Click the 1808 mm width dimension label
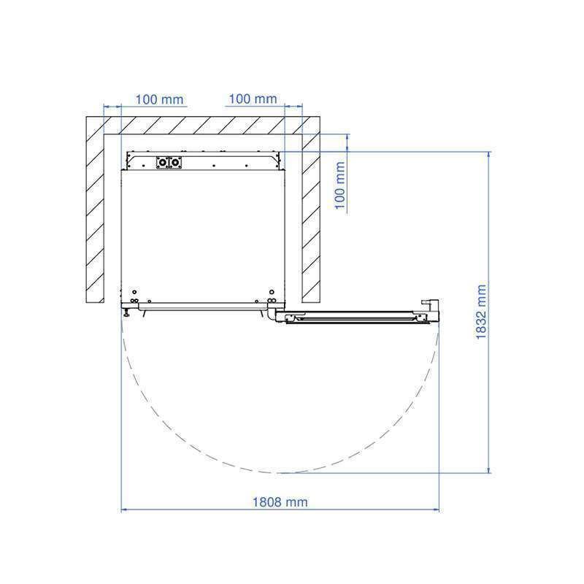[280, 502]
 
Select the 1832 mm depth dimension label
[481, 312]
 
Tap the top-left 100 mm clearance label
[159, 99]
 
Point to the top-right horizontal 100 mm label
[253, 99]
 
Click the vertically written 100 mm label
[340, 185]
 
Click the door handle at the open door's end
[431, 306]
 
